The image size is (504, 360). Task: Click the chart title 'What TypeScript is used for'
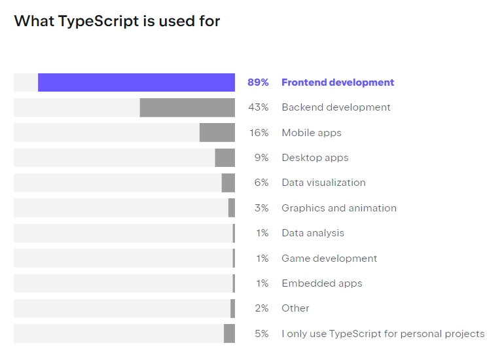117,21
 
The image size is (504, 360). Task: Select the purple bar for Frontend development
136,82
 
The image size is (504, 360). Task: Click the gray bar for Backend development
187,107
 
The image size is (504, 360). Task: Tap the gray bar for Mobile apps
217,133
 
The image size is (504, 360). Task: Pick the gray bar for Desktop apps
225,158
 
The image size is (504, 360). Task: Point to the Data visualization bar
228,183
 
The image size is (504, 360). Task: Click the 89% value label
258,82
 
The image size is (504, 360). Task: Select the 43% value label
259,107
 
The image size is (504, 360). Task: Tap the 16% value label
259,133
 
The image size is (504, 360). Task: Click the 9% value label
261,158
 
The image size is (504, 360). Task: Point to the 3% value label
261,208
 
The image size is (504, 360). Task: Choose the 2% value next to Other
261,308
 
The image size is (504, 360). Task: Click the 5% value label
261,334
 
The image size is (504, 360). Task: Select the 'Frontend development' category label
338,82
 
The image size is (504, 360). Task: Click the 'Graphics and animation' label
339,208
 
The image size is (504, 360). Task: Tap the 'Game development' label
329,259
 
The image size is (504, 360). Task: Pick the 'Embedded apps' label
322,283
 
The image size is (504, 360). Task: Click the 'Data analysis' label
313,233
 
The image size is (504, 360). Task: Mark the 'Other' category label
295,308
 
